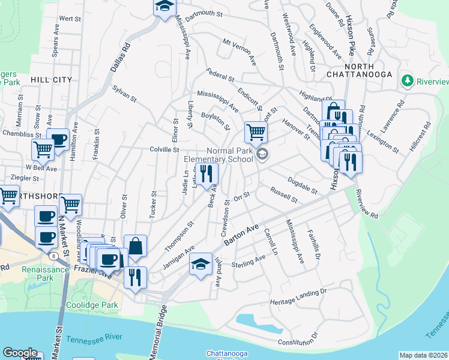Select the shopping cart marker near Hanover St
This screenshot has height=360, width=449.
tap(256, 131)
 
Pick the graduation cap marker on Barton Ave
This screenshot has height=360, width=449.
tap(200, 265)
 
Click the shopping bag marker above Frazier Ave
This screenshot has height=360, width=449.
tap(136, 245)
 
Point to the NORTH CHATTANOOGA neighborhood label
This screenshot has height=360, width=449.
tap(359, 70)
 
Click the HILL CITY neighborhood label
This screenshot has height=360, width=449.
tap(51, 79)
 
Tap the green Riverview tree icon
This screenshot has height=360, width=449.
tap(407, 80)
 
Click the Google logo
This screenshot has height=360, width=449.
tap(20, 353)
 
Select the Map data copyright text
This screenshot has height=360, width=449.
tap(423, 355)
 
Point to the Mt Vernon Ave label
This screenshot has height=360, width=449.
tap(240, 52)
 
